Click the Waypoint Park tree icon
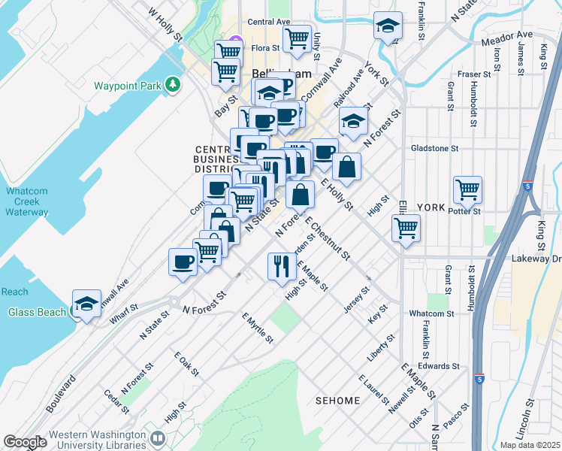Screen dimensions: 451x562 click(174, 85)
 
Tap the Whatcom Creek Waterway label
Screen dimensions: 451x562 click(28, 202)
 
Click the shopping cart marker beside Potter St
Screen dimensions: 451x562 click(467, 189)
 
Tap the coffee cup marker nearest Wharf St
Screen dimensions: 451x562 click(183, 262)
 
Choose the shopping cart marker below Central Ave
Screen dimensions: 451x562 click(297, 38)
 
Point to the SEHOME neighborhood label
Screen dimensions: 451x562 click(338, 401)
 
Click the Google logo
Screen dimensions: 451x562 click(25, 442)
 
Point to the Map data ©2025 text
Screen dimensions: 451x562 click(530, 445)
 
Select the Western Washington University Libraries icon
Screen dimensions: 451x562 click(158, 437)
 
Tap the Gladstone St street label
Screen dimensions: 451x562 click(434, 149)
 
